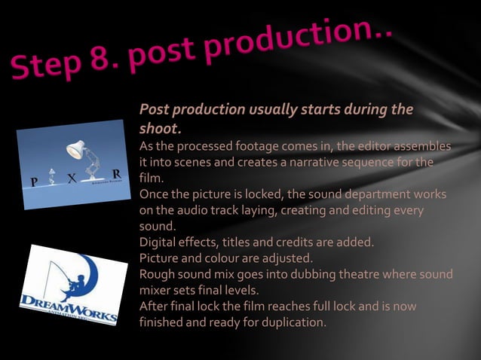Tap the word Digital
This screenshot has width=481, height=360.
tap(160, 243)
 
